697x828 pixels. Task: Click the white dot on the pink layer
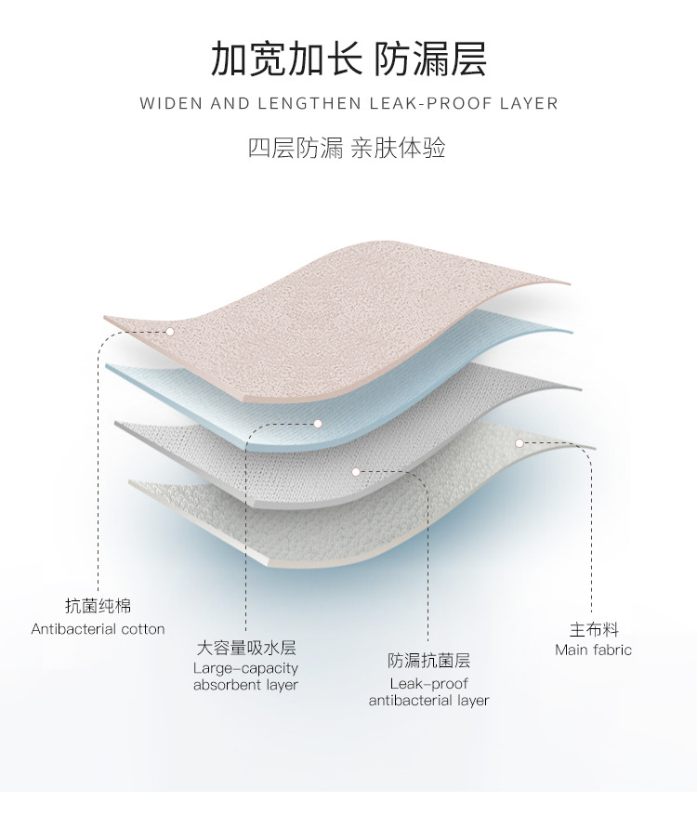(x=170, y=330)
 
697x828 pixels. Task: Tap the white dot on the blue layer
(x=317, y=424)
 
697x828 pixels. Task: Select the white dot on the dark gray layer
(x=356, y=472)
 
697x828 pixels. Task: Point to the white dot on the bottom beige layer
(x=520, y=443)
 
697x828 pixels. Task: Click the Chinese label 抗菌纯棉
(x=98, y=606)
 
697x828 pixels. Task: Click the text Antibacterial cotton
(x=98, y=629)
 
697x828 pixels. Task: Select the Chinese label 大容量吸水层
(x=245, y=648)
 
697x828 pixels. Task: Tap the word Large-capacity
(x=245, y=668)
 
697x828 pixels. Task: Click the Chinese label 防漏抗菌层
(x=428, y=661)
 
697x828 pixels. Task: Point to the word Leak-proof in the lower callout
(x=428, y=683)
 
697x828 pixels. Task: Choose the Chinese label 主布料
(x=594, y=629)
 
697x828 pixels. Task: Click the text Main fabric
(x=594, y=650)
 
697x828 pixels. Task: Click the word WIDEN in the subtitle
(x=170, y=103)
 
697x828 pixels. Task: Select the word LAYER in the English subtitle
(x=528, y=103)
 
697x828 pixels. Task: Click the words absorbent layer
(x=245, y=685)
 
